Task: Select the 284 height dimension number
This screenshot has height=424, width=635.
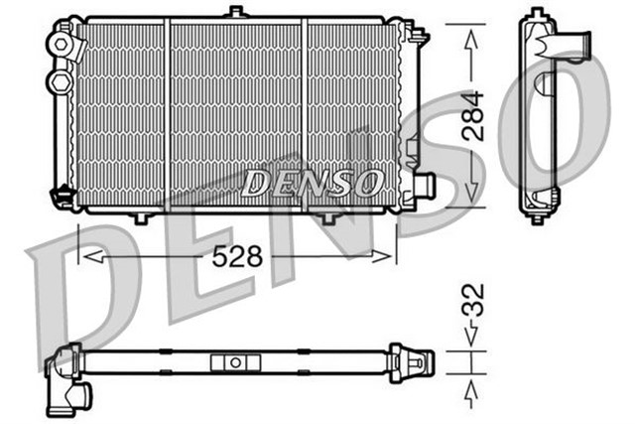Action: pyautogui.click(x=473, y=114)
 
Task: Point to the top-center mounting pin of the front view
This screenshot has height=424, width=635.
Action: pyautogui.click(x=235, y=12)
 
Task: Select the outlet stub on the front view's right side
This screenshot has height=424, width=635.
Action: pyautogui.click(x=426, y=185)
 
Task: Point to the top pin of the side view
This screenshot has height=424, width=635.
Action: pyautogui.click(x=539, y=13)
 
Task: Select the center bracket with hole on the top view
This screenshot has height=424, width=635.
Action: pyautogui.click(x=235, y=363)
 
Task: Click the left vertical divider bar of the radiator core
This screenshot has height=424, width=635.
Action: pyautogui.click(x=168, y=114)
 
